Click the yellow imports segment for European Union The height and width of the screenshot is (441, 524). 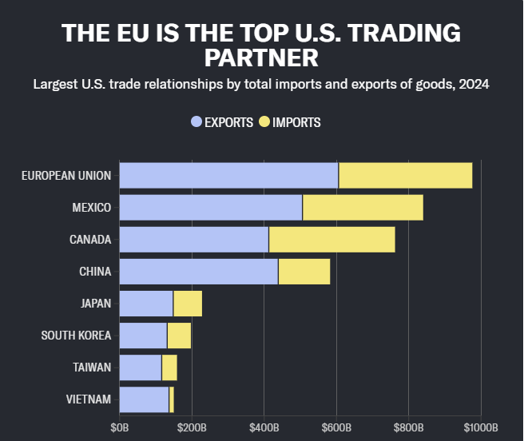click(405, 175)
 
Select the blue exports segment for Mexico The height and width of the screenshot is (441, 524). click(211, 207)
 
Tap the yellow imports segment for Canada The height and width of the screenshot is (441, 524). click(331, 239)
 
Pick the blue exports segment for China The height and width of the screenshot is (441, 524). click(198, 272)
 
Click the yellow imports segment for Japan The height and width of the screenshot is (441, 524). click(188, 304)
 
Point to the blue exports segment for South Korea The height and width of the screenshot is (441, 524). click(143, 336)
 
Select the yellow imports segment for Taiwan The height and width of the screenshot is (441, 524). click(169, 367)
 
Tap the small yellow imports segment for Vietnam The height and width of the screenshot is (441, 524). click(172, 399)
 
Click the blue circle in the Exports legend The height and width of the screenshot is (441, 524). click(196, 122)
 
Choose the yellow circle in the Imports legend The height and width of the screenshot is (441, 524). click(264, 122)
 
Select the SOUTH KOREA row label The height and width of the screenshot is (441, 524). click(76, 336)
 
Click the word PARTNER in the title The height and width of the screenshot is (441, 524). click(261, 58)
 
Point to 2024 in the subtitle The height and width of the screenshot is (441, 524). click(471, 84)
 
